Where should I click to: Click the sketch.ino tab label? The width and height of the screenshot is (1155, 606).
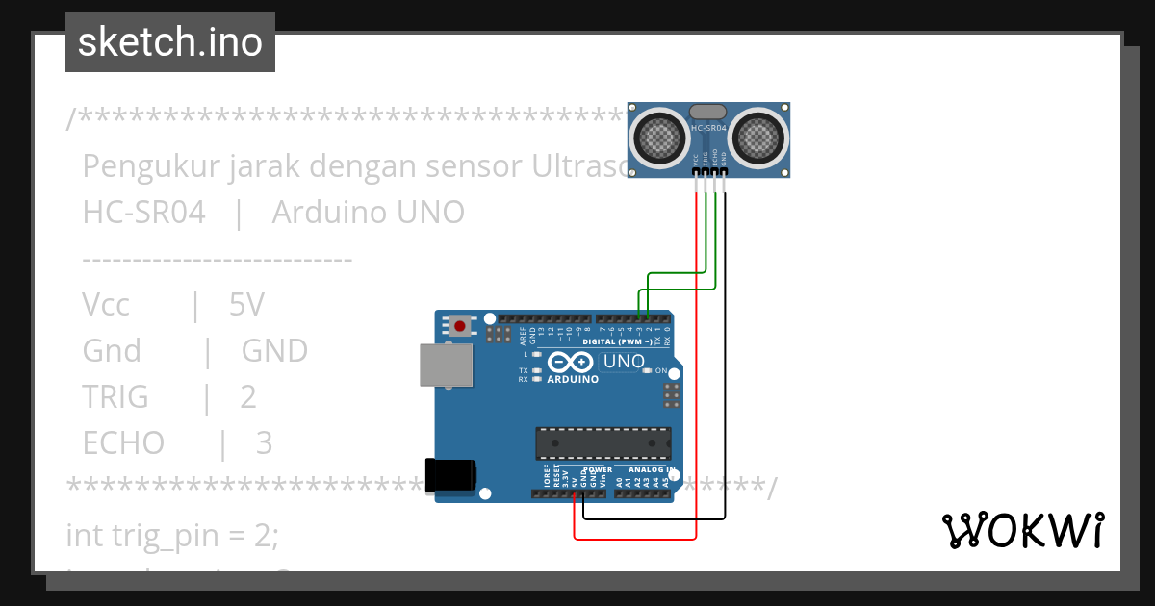pos(169,42)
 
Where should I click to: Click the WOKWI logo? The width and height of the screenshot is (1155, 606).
pos(1022,530)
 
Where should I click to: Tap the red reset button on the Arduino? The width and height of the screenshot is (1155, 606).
pos(460,326)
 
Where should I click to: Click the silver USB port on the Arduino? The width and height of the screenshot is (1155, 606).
pos(447,366)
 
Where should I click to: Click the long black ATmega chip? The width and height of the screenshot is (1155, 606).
pos(603,442)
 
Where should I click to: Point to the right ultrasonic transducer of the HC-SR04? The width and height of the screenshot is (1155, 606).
pos(759,138)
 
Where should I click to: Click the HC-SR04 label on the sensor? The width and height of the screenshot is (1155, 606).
pos(709,127)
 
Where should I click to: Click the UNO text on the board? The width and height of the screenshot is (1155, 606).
pos(623,362)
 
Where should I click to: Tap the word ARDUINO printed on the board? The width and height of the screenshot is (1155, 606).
pos(573,379)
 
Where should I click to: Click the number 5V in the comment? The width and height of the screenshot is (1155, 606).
pos(246,305)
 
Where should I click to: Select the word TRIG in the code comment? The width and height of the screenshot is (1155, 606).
pos(115,396)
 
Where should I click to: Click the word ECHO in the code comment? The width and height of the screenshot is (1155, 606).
pos(123,442)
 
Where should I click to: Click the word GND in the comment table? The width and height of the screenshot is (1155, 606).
pos(274,351)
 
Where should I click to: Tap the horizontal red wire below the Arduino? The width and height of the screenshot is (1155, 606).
pos(635,538)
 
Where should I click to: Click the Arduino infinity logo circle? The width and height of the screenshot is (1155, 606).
pos(572,362)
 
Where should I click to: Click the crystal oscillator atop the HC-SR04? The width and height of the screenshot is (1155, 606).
pos(709,113)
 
